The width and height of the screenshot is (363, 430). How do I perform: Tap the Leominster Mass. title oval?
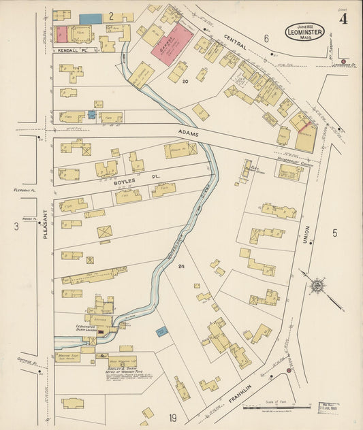click(304, 32)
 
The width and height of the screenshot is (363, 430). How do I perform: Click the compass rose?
click(317, 285)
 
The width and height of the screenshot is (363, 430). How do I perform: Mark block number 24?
click(181, 265)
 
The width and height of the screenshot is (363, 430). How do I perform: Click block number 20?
click(184, 82)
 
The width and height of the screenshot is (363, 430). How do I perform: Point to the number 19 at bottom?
click(173, 418)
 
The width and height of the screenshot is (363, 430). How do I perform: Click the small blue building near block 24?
click(161, 332)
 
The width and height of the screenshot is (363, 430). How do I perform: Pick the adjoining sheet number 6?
click(267, 38)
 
